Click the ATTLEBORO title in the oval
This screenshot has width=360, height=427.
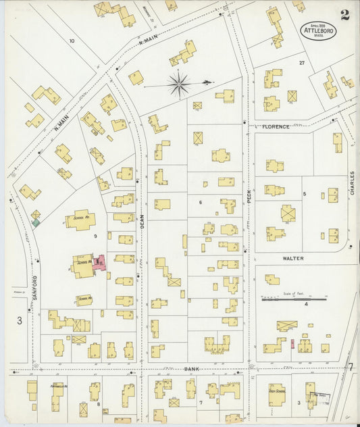click(318, 30)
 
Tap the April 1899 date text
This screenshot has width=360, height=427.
click(318, 24)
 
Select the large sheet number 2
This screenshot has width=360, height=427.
click(345, 16)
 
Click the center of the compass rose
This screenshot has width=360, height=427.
click(179, 85)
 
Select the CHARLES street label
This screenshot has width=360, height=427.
click(352, 183)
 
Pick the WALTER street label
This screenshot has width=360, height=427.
click(293, 258)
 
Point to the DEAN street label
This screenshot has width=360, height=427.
click(143, 220)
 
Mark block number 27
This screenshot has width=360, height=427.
click(302, 62)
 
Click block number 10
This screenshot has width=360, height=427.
click(71, 41)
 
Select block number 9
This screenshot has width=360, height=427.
click(96, 236)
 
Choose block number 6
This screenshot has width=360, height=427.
click(200, 202)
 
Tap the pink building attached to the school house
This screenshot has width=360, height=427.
click(101, 263)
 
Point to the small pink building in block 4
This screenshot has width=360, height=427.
click(292, 345)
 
